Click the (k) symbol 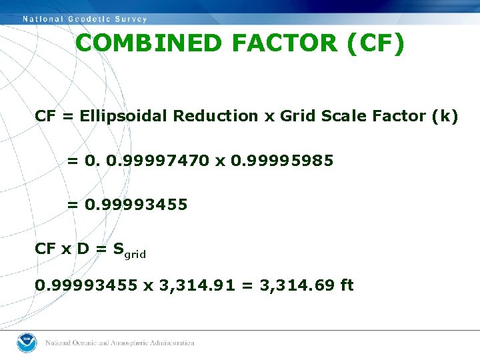pos(445,116)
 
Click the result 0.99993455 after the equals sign pos(136,205)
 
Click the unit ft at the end pos(347,285)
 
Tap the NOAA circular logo pos(27,342)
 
